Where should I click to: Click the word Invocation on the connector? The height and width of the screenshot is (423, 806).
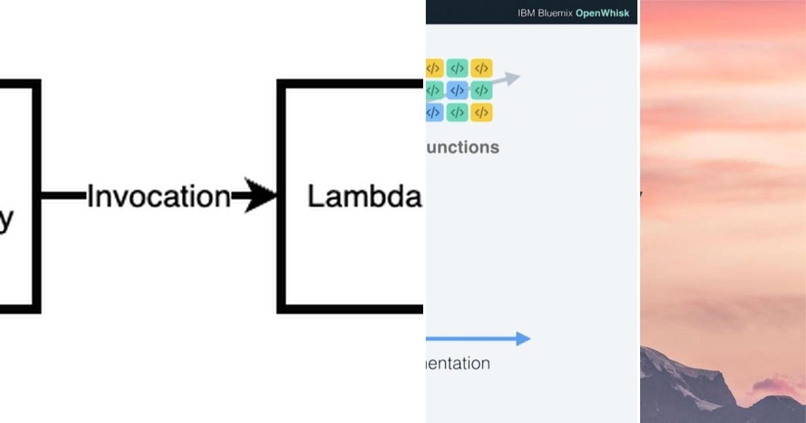[159, 197]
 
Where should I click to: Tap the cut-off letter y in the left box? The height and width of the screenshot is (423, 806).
[6, 220]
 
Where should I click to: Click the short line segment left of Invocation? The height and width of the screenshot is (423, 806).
[64, 196]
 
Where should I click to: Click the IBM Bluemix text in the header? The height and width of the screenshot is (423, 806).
[544, 13]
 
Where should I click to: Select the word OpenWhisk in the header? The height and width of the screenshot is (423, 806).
[603, 13]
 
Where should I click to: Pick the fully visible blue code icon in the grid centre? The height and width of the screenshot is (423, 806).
[457, 90]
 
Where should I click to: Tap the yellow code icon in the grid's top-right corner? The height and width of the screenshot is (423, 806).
[482, 68]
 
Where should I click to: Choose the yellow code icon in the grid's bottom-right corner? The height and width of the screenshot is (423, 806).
[482, 112]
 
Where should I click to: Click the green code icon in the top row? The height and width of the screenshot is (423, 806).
[457, 68]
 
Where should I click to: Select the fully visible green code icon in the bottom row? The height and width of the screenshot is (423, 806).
[457, 112]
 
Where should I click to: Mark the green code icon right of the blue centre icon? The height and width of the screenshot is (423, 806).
[482, 90]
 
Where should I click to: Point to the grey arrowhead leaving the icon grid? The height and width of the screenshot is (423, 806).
[512, 79]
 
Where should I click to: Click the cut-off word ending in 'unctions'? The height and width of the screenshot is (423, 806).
[463, 147]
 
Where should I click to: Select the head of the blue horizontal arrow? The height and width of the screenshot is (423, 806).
[523, 338]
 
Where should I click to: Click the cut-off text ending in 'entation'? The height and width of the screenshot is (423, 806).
[458, 364]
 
